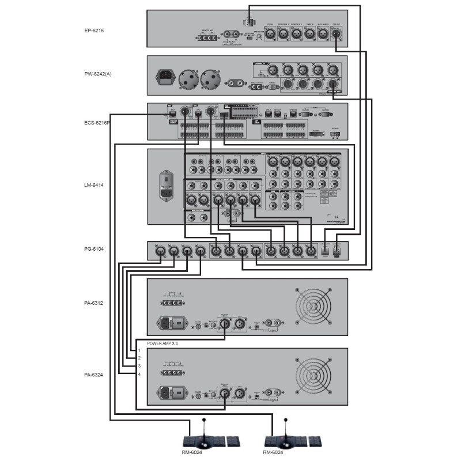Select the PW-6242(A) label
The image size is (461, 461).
coord(97,74)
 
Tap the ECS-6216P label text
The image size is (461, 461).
coord(97,122)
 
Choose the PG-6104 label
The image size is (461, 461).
coord(93,250)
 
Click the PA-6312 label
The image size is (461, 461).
coord(93,303)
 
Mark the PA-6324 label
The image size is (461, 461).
coord(93,375)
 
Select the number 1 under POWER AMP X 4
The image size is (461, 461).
coord(139,350)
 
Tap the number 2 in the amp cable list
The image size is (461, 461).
coord(139,358)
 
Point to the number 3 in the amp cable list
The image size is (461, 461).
coord(139,366)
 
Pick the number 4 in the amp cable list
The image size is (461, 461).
coord(139,374)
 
